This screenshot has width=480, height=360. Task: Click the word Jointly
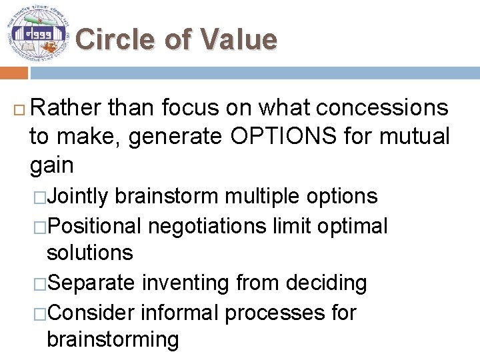[77, 196]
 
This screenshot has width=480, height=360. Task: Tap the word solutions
[90, 253]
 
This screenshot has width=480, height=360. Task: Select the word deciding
[326, 283]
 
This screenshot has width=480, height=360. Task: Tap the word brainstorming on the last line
[113, 339]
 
